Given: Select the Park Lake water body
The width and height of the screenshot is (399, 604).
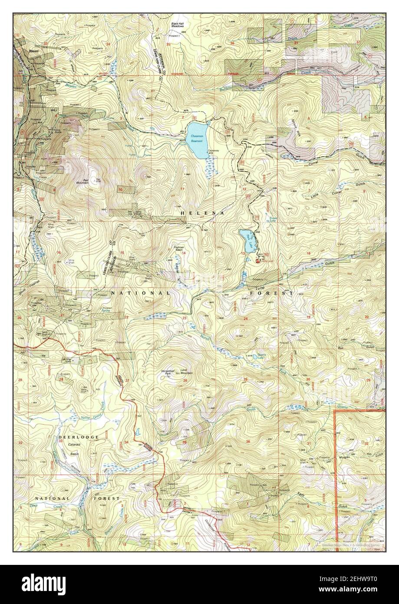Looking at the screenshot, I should coord(247,240).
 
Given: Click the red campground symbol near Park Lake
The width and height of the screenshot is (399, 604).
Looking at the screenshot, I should coord(259,261).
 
